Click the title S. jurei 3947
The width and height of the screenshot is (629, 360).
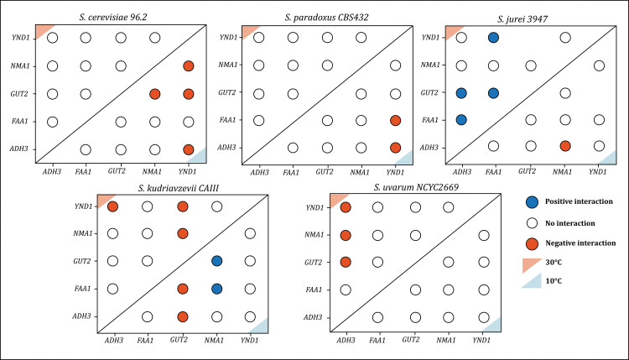point(522,18)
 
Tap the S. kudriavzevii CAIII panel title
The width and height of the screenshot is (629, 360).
point(178,188)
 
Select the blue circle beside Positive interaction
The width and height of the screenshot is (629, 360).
point(532,202)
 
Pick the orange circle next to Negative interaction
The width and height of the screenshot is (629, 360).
point(532,243)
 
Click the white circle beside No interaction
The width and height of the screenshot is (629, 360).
point(532,223)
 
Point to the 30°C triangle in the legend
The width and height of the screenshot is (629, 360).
point(530,264)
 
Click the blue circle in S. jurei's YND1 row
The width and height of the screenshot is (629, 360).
point(493,38)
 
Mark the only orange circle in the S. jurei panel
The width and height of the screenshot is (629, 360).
point(565,146)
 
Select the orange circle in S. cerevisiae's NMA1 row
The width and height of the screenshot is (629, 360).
point(189,65)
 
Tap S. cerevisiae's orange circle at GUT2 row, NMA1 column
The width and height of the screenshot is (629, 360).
point(155,94)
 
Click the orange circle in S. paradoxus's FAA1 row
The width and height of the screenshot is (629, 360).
point(396,120)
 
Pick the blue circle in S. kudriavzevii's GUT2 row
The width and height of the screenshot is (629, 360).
point(216,261)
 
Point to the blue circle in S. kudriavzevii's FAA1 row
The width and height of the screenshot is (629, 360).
point(216,289)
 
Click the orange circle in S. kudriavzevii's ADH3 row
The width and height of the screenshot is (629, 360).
point(183,316)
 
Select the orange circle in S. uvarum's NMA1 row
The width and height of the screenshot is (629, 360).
point(346,235)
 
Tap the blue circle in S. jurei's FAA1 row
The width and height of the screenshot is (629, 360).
point(461,120)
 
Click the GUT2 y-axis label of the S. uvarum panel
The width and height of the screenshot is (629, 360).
point(313,263)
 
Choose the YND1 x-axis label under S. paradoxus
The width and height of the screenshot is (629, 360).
point(395,173)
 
